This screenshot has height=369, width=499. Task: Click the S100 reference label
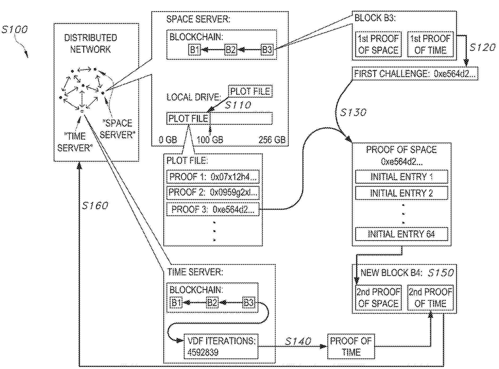click(x=15, y=29)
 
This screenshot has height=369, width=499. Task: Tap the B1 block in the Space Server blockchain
click(x=194, y=50)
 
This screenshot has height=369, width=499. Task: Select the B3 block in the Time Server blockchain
click(x=249, y=302)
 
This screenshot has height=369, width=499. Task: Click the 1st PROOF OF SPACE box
click(x=378, y=44)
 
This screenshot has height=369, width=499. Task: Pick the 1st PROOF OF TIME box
click(x=430, y=44)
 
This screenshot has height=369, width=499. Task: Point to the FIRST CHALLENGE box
click(x=415, y=74)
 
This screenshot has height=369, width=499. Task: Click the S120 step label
click(x=482, y=48)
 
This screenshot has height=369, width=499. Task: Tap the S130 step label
click(x=353, y=113)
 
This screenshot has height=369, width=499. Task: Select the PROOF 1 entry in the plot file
click(x=213, y=177)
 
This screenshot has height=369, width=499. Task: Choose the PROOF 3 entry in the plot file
click(x=213, y=209)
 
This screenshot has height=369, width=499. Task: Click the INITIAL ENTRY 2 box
click(x=401, y=193)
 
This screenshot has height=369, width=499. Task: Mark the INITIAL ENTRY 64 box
click(x=401, y=234)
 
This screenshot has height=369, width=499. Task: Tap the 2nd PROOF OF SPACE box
click(x=378, y=298)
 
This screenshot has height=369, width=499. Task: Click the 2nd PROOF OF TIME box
click(x=430, y=298)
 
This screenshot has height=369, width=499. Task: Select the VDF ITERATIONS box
click(x=221, y=346)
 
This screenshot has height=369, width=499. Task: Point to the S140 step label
click(x=298, y=341)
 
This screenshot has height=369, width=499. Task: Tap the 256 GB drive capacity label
click(x=272, y=140)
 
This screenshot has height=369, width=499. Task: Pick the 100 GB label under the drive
click(x=210, y=140)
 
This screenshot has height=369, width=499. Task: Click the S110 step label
click(x=238, y=105)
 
